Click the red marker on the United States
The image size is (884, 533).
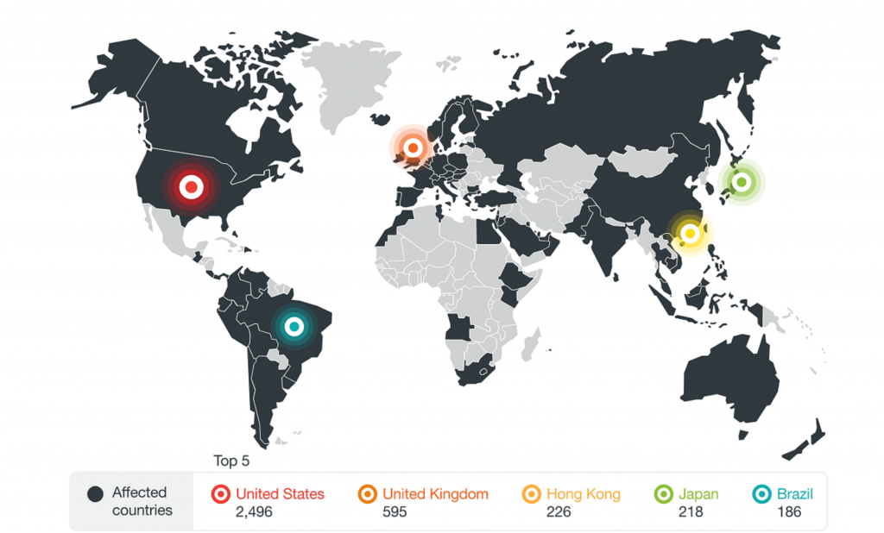pyautogui.click(x=191, y=185)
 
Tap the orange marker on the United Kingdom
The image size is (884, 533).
pyautogui.click(x=414, y=148)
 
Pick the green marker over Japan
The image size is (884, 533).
pyautogui.click(x=741, y=182)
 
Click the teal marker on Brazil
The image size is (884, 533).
pyautogui.click(x=294, y=327)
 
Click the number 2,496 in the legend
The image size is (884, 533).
pyautogui.click(x=254, y=512)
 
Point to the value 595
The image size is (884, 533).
pyautogui.click(x=395, y=512)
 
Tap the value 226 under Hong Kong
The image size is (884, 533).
pyautogui.click(x=559, y=512)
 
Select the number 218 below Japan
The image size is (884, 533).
pyautogui.click(x=691, y=512)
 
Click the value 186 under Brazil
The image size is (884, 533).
pyautogui.click(x=788, y=512)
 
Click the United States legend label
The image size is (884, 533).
pyautogui.click(x=280, y=494)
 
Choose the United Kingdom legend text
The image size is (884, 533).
pyautogui.click(x=435, y=494)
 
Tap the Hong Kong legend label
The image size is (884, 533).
pyautogui.click(x=583, y=494)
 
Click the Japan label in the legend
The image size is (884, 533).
pyautogui.click(x=698, y=494)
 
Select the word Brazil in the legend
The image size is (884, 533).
pyautogui.click(x=794, y=494)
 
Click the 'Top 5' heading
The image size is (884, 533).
pyautogui.click(x=231, y=461)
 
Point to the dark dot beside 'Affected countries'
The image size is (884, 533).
pyautogui.click(x=94, y=494)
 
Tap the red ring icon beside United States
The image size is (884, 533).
pyautogui.click(x=220, y=494)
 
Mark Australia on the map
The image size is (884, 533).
pyautogui.click(x=729, y=379)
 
